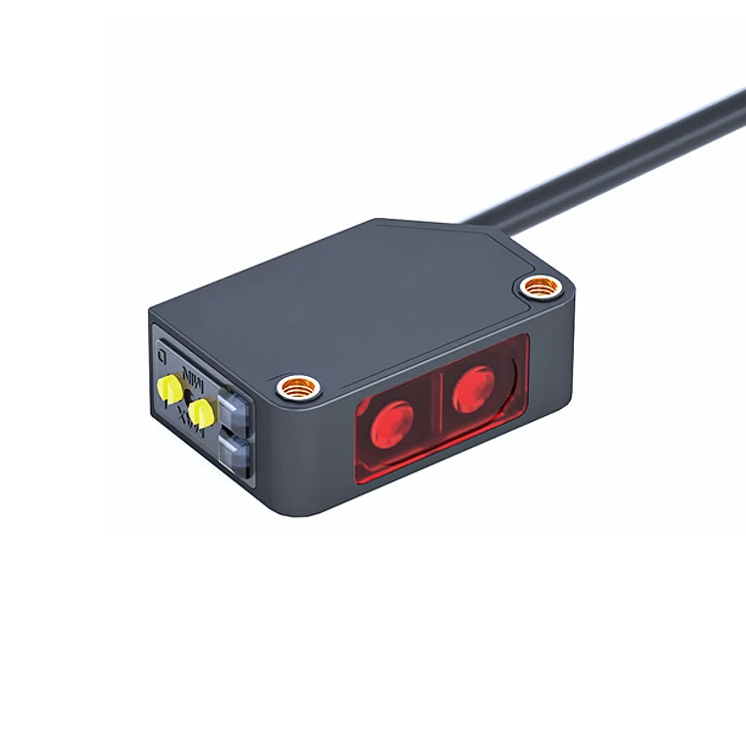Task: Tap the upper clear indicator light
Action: pos(231,405)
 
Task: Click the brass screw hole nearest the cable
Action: pos(539,288)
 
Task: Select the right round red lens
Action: pos(474,387)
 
